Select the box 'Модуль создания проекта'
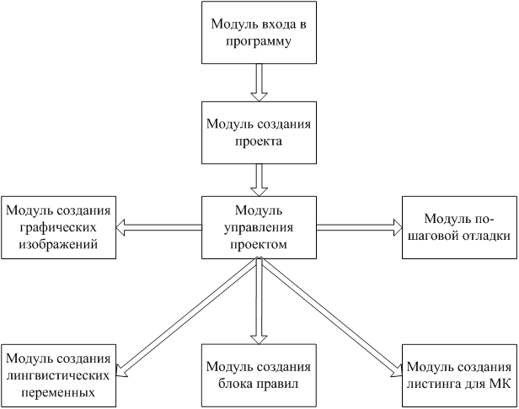259,132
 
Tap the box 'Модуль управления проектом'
259,226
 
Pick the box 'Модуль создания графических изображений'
58,226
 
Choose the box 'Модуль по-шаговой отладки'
459,226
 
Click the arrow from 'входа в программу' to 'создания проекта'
259,82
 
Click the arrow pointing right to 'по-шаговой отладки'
358,227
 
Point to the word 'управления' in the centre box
259,226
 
